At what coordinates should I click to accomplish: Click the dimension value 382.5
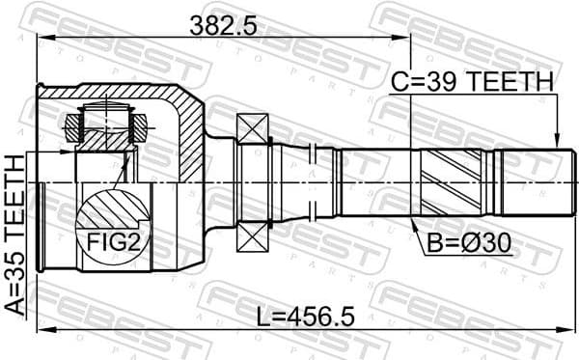pos(222,27)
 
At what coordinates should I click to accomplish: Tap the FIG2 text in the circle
pos(114,244)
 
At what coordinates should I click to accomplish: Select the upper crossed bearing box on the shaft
pos(253,126)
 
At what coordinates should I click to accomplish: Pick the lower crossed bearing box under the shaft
pos(253,236)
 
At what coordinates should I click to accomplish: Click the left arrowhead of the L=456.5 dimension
pos(41,332)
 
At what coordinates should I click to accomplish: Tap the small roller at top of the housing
pos(105,124)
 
